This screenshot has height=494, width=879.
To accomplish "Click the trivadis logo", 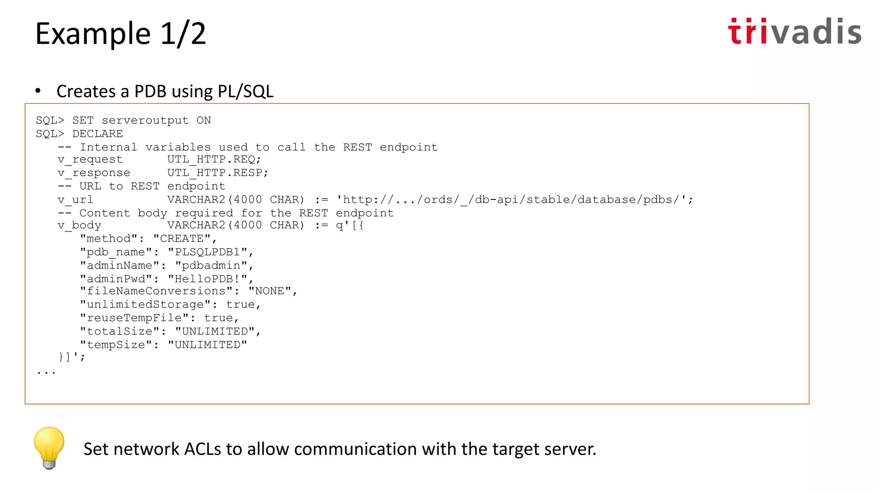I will point(794,32).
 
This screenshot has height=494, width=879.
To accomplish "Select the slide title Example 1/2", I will point(121,33).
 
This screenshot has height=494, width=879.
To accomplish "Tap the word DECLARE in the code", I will point(97,134).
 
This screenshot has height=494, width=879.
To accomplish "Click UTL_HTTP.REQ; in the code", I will point(214,160).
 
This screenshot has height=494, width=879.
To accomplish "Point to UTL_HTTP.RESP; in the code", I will point(218,173).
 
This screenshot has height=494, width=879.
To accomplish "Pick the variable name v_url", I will point(76,200).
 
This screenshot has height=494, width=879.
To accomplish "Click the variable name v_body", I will point(79,226).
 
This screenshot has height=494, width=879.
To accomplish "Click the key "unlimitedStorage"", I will point(145,304).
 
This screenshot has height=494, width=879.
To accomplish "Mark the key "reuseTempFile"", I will point(134,318).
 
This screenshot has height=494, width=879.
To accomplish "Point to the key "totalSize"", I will point(120,331).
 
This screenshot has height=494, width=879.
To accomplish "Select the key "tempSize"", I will point(116,345).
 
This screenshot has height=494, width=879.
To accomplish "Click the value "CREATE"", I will point(182,239).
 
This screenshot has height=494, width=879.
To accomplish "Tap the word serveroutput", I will point(145,120).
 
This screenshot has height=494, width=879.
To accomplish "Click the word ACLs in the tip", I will point(203,449).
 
